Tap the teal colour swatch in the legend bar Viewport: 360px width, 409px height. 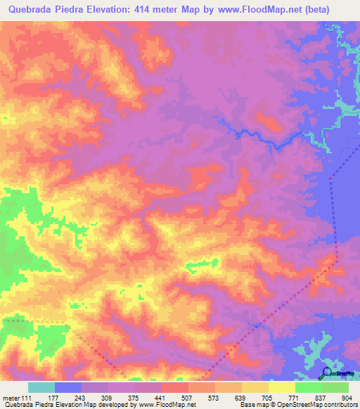[x=41, y=387]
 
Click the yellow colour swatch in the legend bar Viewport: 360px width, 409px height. [x=282, y=387]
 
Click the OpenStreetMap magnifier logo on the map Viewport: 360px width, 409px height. [x=326, y=372]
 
